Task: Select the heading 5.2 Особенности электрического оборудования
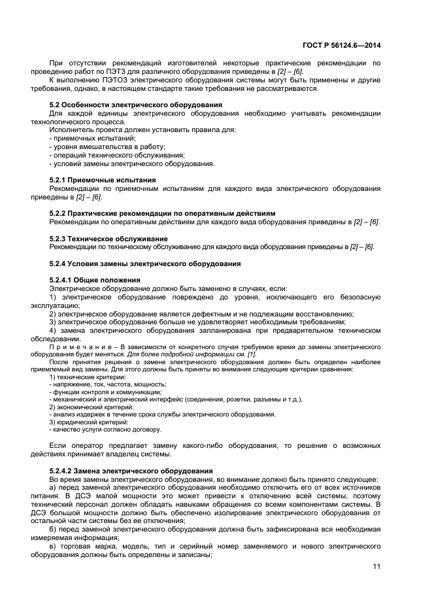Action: click(x=136, y=105)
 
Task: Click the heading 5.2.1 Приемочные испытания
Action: click(x=103, y=180)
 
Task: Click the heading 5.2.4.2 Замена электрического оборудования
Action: click(x=131, y=471)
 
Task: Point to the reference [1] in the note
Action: click(x=251, y=354)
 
